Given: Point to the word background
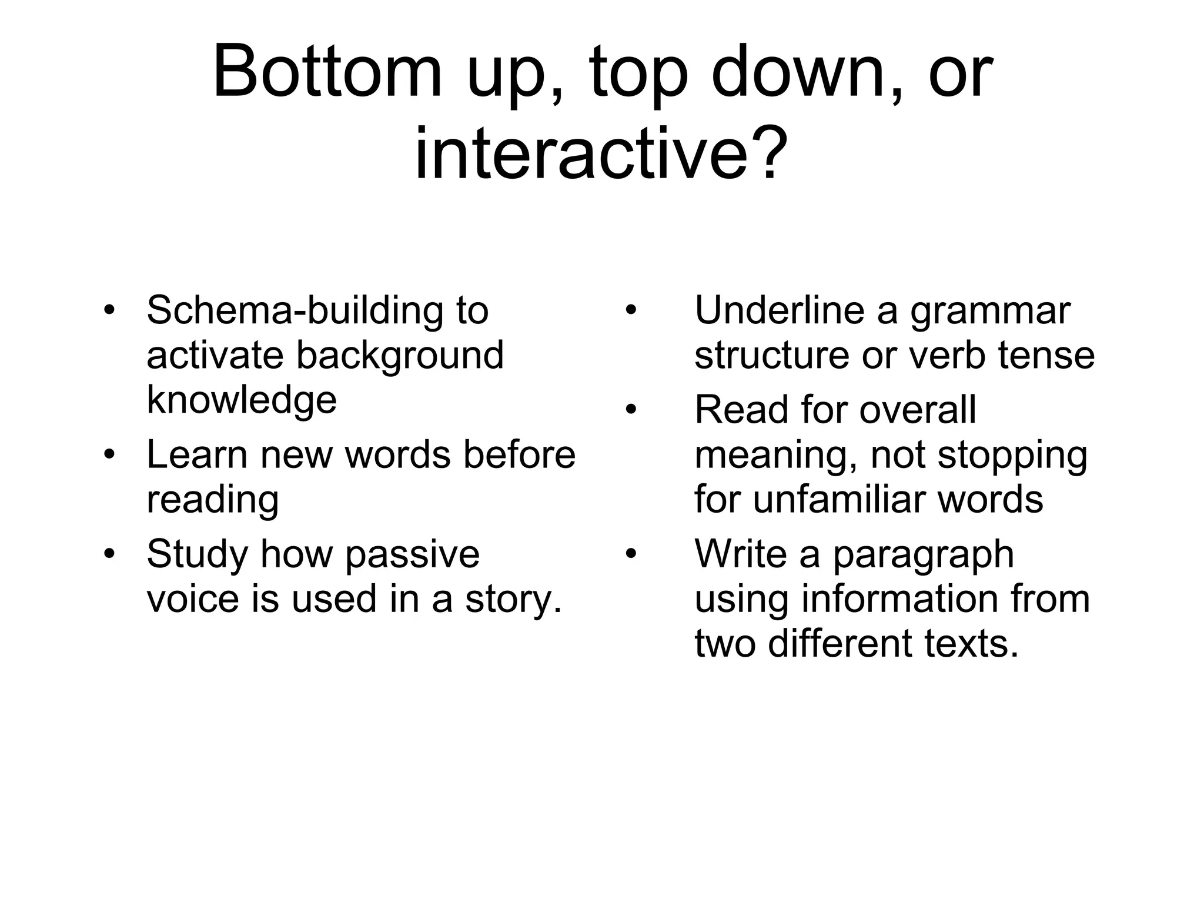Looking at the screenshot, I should point(400,355).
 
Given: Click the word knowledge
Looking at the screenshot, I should point(242,400).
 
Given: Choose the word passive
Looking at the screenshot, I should point(412,554).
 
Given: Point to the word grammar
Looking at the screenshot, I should point(990,310).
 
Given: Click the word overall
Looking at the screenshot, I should point(917,410).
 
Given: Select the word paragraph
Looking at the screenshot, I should point(923,554).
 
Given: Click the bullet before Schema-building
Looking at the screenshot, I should point(108,310).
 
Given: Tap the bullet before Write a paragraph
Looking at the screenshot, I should point(631,554).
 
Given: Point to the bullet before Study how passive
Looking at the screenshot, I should point(108,554).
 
